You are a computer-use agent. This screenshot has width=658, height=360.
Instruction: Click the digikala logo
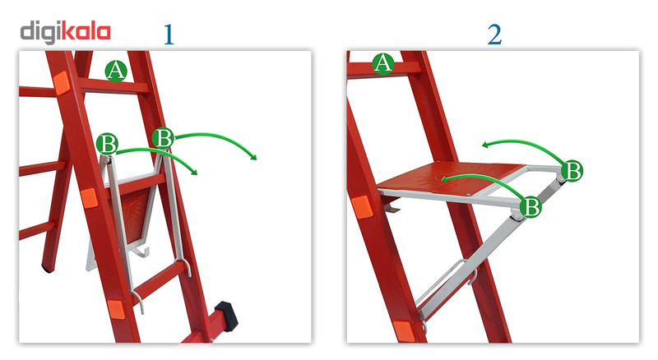coord(66,33)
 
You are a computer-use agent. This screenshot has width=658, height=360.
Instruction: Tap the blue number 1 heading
coord(169,34)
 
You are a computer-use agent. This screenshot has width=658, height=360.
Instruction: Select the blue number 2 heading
coord(495,34)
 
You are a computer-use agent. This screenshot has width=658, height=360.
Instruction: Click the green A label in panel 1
coord(116,70)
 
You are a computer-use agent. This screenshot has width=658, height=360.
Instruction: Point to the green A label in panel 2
coord(383,64)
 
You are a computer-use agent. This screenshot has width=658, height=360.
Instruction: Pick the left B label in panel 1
coord(107,144)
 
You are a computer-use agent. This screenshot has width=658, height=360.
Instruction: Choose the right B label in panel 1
coord(163,137)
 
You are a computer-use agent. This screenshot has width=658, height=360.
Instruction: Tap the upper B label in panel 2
coord(572,170)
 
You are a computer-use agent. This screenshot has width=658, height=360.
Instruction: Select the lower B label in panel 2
coord(531,206)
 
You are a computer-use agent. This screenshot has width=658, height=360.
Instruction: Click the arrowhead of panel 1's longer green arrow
coord(253,156)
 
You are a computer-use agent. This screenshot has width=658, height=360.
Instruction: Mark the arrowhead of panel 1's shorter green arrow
coord(193,171)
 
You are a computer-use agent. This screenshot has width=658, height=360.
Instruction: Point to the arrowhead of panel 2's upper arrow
coord(486,145)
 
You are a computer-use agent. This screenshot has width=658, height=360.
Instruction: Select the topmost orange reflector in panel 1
coord(61,82)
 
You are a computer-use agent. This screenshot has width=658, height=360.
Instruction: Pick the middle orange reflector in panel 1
coord(89,198)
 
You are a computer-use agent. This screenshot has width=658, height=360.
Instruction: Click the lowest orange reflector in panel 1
coord(116,310)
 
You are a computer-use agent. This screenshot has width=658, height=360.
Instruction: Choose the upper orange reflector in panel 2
coord(362,207)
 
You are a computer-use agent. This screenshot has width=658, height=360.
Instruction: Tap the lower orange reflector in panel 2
coord(404,331)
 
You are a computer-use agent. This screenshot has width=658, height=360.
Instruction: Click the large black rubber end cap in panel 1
coord(227,316)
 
